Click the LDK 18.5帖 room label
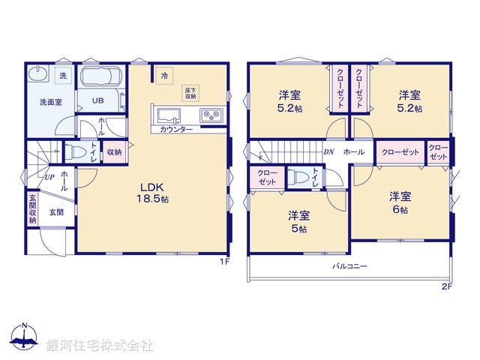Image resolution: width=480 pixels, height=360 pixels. point(151,193)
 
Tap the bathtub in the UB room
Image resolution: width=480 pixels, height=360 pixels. point(100,79)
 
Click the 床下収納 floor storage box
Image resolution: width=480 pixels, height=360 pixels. point(190,93)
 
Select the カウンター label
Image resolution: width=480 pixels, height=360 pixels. point(176,130)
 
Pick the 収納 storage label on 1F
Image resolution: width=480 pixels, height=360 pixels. point(114,152)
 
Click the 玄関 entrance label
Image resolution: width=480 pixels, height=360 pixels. point(57,212)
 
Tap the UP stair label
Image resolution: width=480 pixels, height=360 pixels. point(49,178)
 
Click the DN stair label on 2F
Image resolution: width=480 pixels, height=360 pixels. point(328,152)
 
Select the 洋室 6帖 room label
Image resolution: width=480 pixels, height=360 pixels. point(399,202)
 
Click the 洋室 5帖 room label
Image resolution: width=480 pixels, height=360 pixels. point(299,221)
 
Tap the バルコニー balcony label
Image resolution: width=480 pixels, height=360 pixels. point(349,266)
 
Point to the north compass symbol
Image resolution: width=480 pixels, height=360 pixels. point(26,340)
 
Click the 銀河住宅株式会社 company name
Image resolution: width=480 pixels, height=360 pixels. point(99,346)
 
